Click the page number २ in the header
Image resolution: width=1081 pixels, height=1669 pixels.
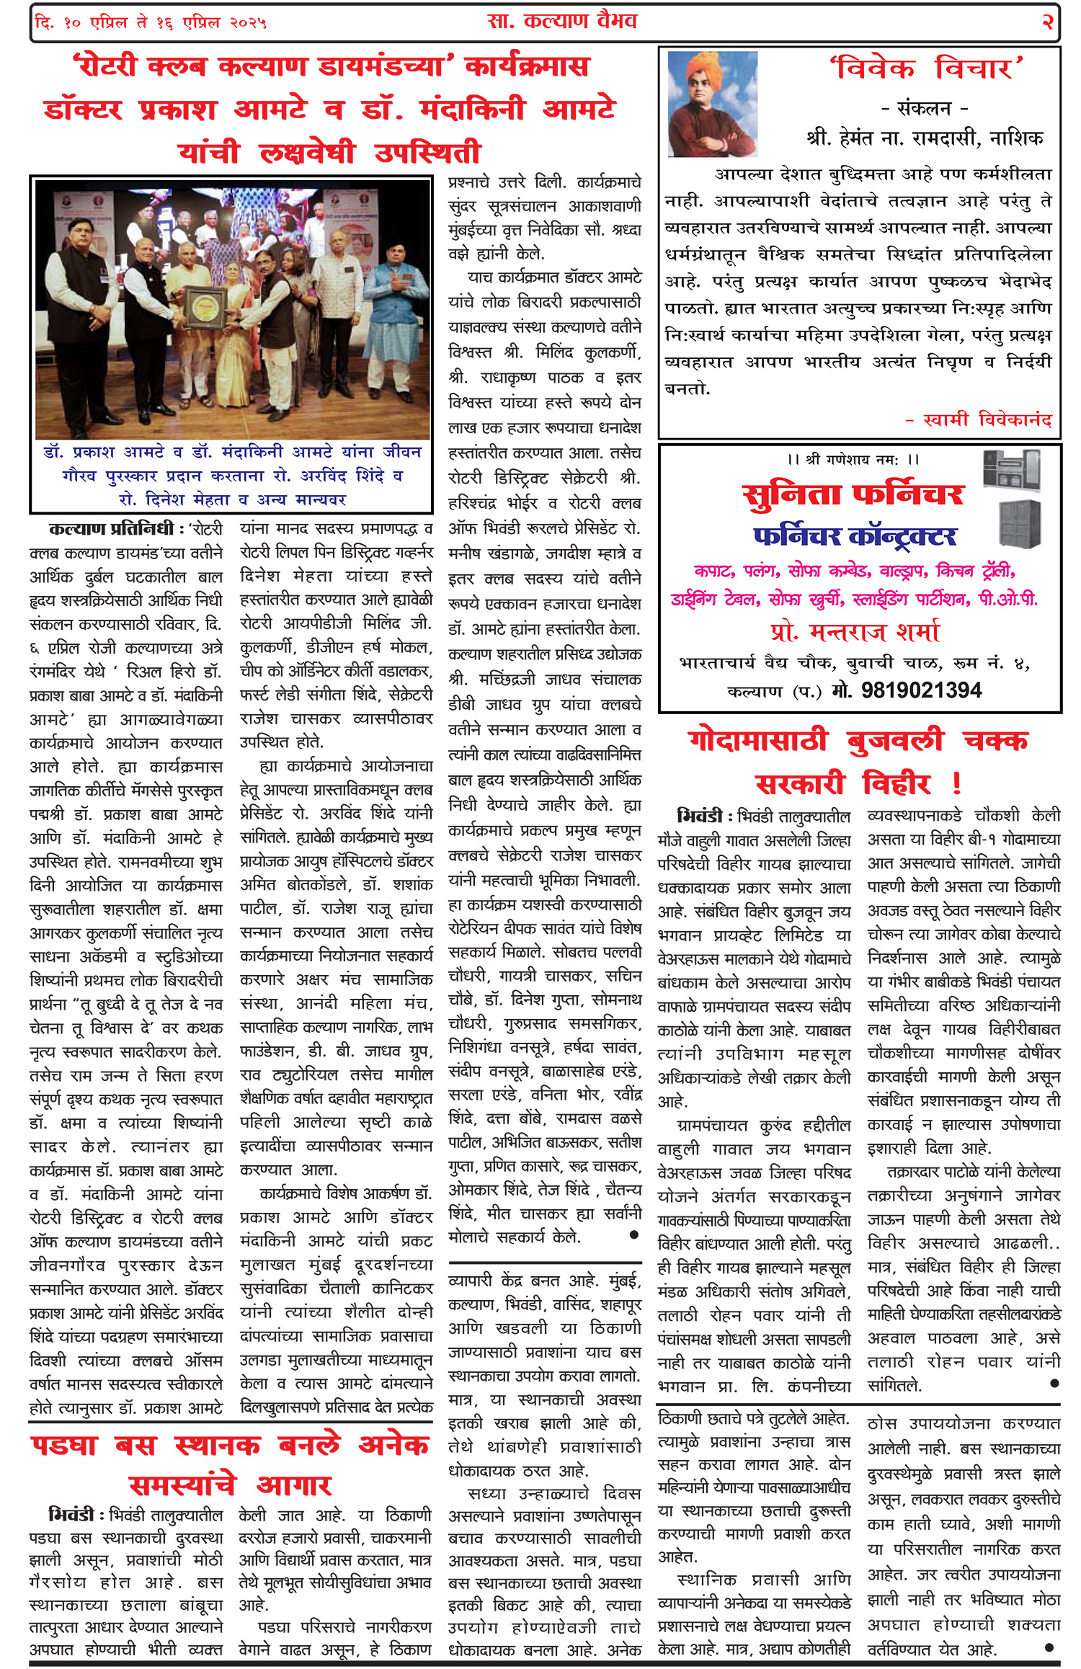(x=1047, y=22)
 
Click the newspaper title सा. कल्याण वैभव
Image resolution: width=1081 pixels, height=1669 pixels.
(x=562, y=21)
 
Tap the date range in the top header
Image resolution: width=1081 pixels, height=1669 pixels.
(x=151, y=23)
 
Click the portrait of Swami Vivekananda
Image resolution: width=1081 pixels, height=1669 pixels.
(x=712, y=104)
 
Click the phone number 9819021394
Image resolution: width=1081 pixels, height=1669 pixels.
(x=921, y=690)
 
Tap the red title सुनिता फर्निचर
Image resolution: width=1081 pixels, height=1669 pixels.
(x=853, y=494)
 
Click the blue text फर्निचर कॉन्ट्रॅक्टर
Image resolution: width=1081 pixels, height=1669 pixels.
(x=855, y=536)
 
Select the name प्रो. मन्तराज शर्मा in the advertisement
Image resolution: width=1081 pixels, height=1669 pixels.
(x=855, y=631)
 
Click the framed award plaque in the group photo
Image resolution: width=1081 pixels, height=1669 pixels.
(x=203, y=305)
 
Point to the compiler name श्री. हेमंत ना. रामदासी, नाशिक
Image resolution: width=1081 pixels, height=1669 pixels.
(x=925, y=138)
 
